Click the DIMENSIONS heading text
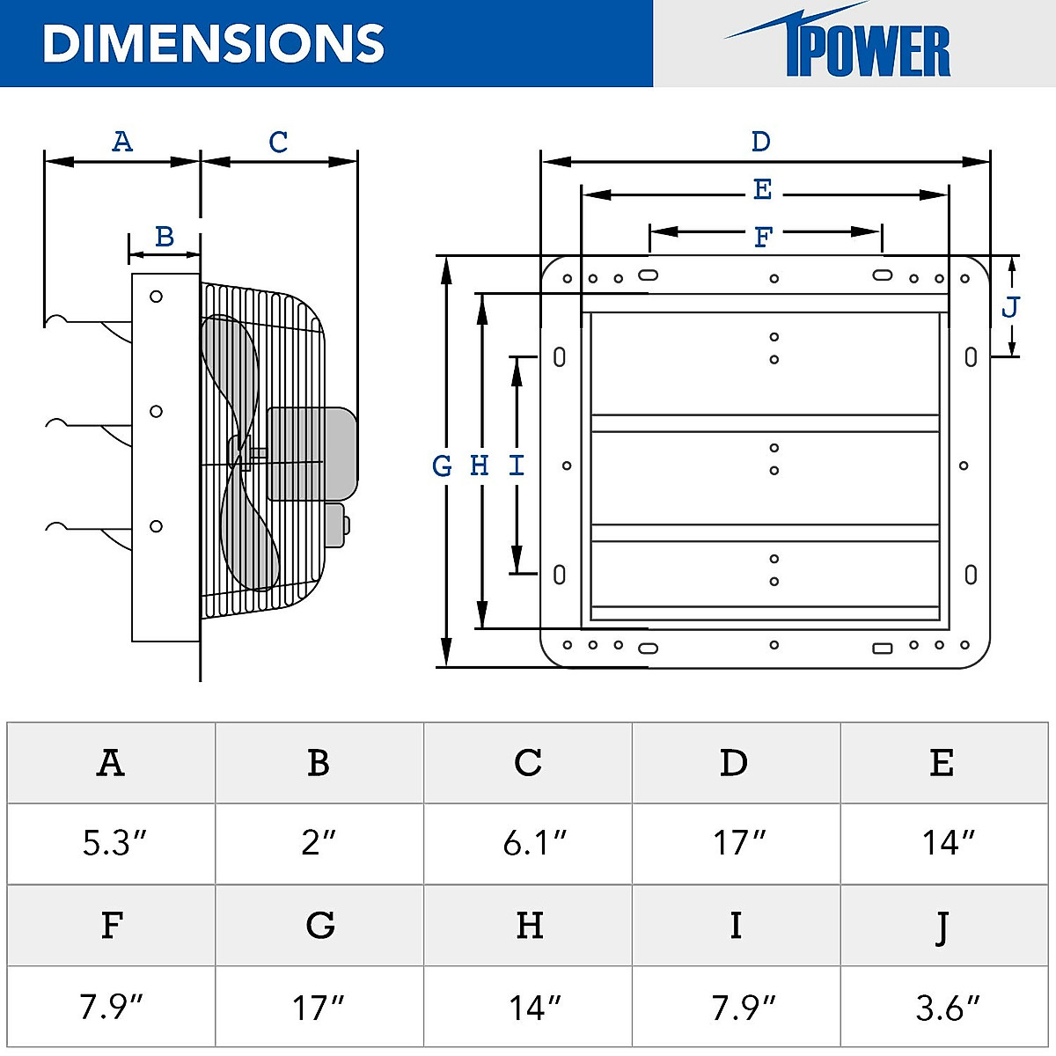(214, 43)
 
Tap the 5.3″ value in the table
(113, 843)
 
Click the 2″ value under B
(319, 843)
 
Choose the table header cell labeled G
(320, 926)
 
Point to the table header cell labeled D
(734, 763)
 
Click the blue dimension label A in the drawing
(122, 142)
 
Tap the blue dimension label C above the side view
(278, 142)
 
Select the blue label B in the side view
(165, 237)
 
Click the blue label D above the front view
(761, 142)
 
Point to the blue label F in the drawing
(763, 237)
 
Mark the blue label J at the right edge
(1011, 307)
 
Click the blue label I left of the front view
(517, 466)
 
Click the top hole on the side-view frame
(156, 297)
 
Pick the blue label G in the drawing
(443, 466)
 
